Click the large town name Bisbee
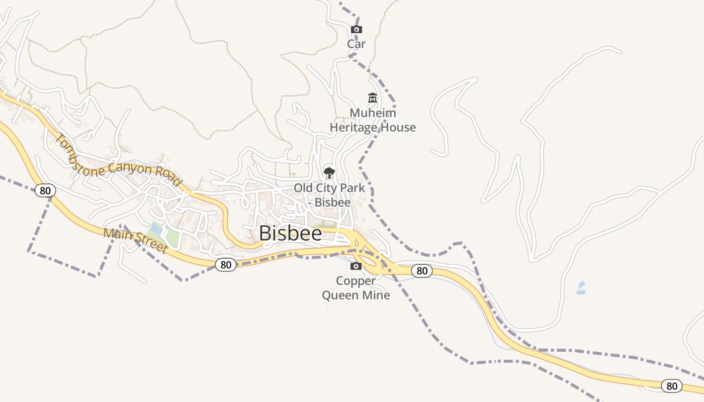pos(290,234)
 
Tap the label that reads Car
pos(356,44)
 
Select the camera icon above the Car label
pos(356,30)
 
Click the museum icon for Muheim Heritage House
pos(373,97)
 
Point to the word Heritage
pos(353,128)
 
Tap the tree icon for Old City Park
pos(329,173)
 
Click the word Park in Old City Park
pos(353,188)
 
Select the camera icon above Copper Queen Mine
pos(356,266)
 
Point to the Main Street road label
pos(135,240)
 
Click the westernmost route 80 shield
pos(45,190)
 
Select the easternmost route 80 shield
pos(671,386)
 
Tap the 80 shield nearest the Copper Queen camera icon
pos(421,271)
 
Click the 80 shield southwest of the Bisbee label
pos(226,265)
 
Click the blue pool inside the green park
pos(156,229)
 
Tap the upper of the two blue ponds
pos(582,284)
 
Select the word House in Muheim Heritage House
pos(398,128)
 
